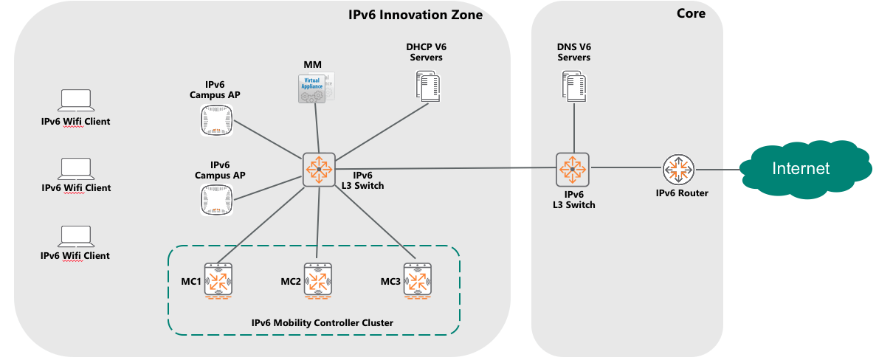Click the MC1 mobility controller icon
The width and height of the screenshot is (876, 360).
point(219,280)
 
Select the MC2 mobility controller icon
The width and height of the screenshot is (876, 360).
point(319,281)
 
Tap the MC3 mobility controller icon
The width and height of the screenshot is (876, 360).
point(418,281)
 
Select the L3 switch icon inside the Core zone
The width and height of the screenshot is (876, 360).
point(573,168)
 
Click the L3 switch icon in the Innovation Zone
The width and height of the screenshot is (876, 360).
point(319,169)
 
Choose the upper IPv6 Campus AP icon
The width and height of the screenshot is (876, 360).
point(216,120)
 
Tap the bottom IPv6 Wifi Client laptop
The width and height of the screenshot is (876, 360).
point(75,235)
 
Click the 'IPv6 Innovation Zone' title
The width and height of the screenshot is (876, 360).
point(415,14)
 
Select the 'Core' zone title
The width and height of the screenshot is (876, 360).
point(691,13)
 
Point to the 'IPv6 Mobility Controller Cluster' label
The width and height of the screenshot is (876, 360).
point(323,322)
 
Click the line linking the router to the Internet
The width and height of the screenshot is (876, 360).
point(716,169)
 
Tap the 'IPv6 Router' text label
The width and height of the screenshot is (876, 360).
point(682,193)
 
